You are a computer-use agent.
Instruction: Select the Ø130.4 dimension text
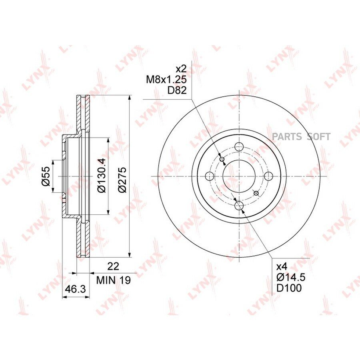pos(101,175)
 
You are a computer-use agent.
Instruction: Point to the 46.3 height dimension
pos(75,289)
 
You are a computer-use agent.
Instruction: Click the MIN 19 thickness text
pos(114,280)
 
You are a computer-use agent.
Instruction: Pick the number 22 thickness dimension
pos(114,266)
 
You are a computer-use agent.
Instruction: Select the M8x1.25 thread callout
pos(166,80)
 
